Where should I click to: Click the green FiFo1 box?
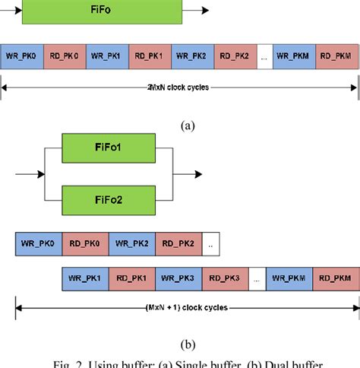[x=109, y=147]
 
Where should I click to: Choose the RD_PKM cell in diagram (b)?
[x=334, y=279]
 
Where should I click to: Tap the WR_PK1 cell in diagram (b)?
[x=84, y=279]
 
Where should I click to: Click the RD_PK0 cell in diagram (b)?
[x=84, y=243]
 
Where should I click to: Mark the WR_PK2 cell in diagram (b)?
[x=131, y=243]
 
